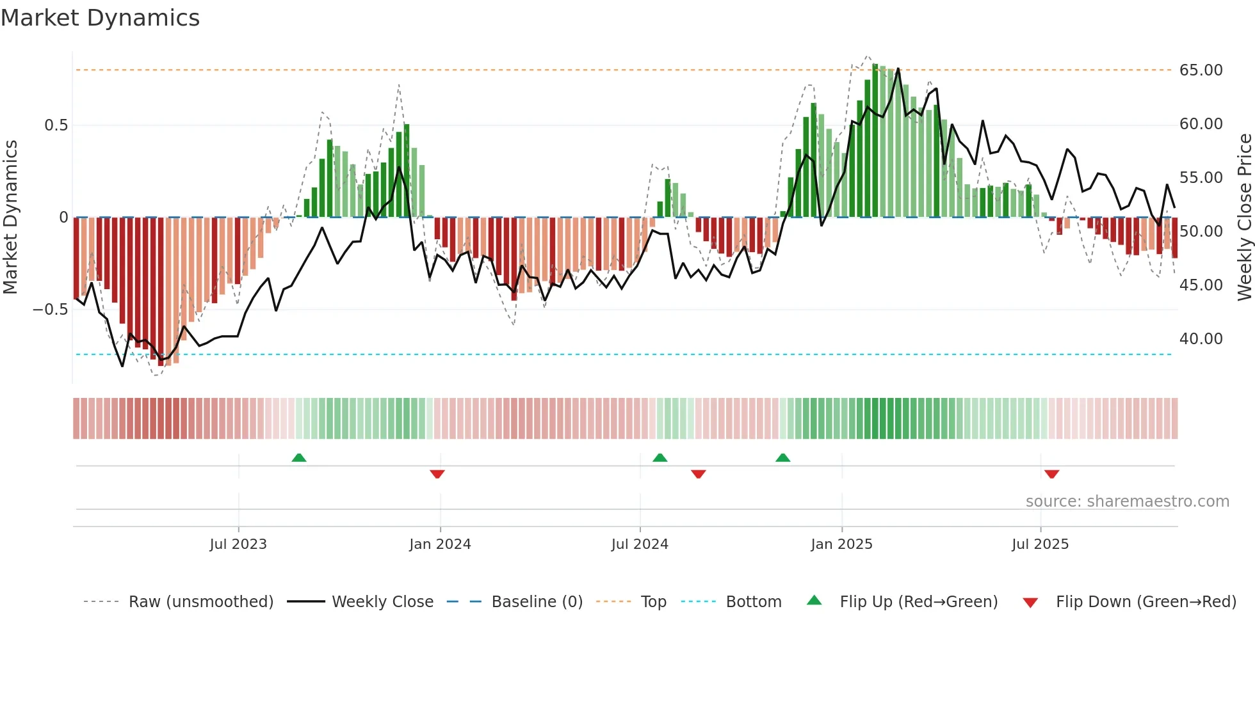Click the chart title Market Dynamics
pos(100,18)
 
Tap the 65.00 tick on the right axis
pos(1201,70)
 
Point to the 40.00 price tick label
pos(1201,339)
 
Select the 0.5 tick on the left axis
pos(56,125)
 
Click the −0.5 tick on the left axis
pos(51,310)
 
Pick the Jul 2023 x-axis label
pos(238,544)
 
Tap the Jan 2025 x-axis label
pos(841,544)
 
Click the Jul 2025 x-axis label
pos(1040,544)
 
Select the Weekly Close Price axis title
pos(1244,218)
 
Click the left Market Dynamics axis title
pos(10,218)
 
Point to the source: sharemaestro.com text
pos(1127,502)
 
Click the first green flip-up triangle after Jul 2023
pos(299,457)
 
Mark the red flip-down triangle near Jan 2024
pos(437,474)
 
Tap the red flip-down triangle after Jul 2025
pos(1051,474)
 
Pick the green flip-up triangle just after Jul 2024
pos(660,457)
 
